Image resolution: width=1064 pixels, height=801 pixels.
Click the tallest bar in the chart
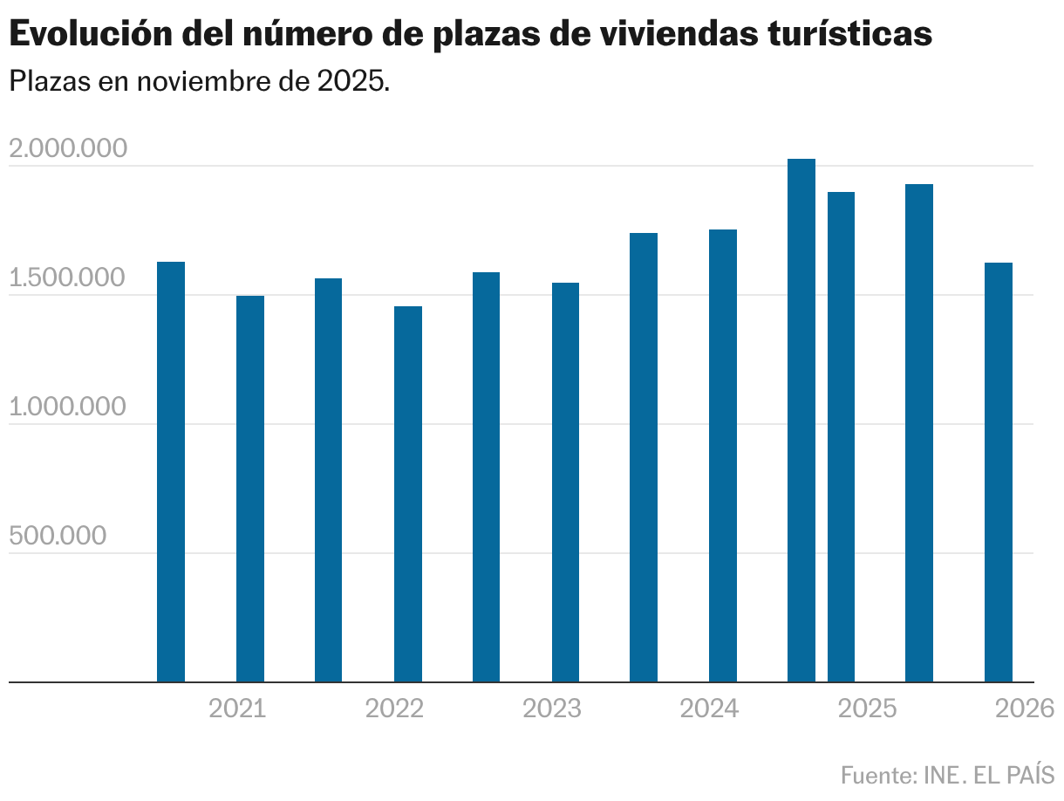click(801, 419)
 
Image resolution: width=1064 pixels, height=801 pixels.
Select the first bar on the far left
click(171, 471)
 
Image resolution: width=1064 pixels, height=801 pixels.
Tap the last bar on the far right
click(999, 471)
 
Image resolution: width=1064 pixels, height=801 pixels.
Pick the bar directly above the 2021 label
click(250, 489)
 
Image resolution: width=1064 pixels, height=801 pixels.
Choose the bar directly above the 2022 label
click(408, 493)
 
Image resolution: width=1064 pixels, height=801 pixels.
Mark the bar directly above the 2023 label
click(565, 482)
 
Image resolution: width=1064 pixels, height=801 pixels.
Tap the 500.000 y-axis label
click(58, 537)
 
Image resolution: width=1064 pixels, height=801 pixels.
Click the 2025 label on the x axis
click(867, 709)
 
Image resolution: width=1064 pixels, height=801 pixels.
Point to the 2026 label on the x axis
click(1025, 709)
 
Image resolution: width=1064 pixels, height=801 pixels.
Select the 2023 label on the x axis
click(552, 709)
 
